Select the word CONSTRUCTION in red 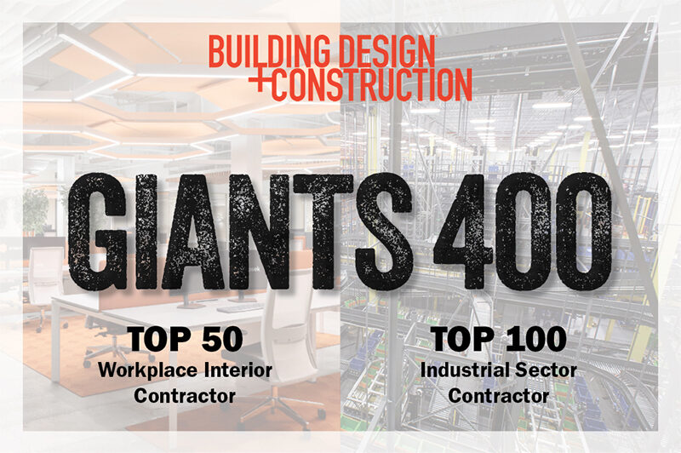point(372,84)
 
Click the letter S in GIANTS point(382,232)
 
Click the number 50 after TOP point(222,339)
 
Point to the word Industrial point(461,370)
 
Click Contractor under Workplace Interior point(185,396)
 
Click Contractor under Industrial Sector point(499,396)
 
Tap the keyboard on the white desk point(240,308)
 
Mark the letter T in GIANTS point(322,232)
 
